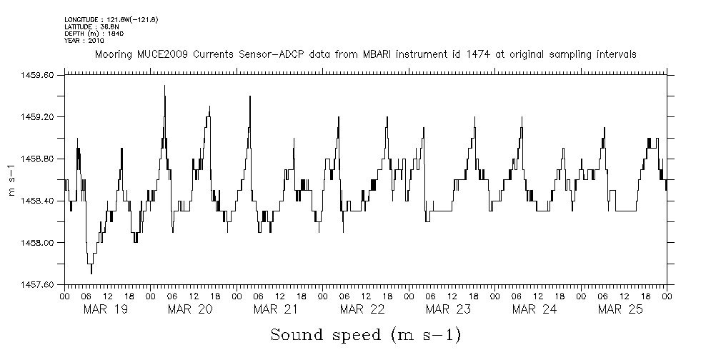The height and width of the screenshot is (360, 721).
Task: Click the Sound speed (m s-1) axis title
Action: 365,334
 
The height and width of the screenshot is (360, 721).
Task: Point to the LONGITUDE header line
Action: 111,19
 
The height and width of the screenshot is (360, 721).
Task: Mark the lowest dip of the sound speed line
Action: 91,273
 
